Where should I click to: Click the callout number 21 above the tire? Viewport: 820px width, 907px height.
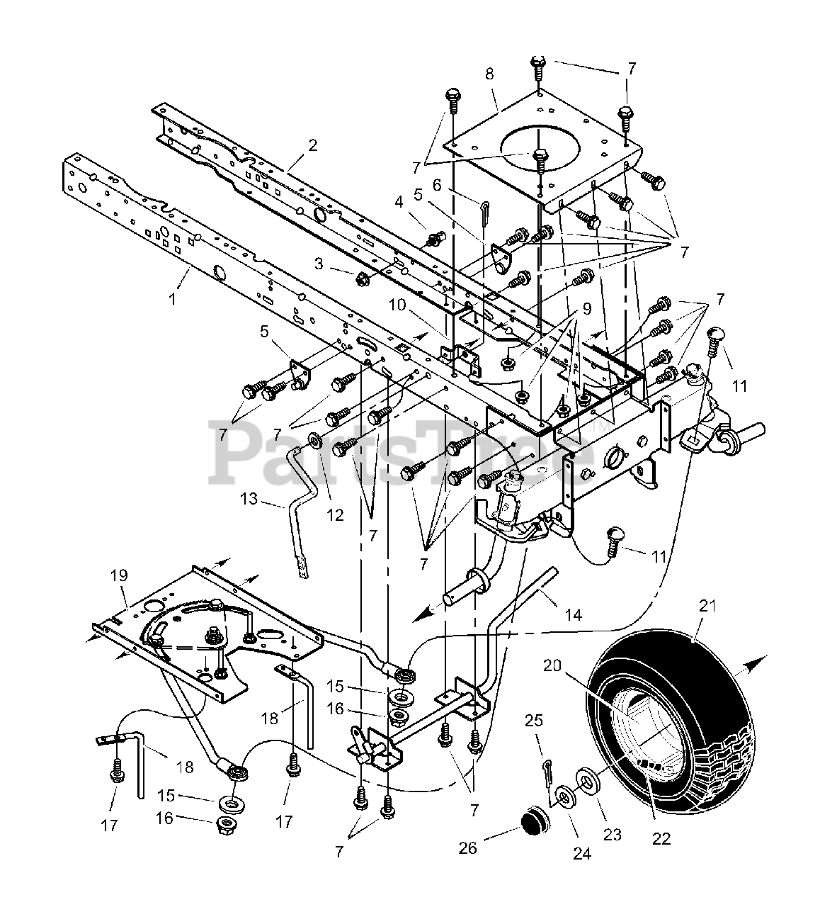pyautogui.click(x=708, y=606)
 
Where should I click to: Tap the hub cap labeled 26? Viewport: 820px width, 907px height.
pyautogui.click(x=532, y=826)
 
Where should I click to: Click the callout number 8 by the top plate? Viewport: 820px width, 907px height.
pyautogui.click(x=490, y=74)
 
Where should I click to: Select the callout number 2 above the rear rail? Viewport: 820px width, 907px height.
pyautogui.click(x=312, y=146)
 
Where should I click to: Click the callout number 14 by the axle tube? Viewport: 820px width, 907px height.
pyautogui.click(x=573, y=615)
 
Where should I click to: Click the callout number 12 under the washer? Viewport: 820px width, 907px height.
pyautogui.click(x=334, y=515)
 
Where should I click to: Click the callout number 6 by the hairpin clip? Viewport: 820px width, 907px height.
pyautogui.click(x=437, y=184)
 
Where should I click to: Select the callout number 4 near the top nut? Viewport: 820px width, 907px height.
pyautogui.click(x=399, y=202)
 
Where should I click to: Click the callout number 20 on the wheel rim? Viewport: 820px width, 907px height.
pyautogui.click(x=552, y=665)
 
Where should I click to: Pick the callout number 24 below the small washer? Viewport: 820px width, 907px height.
pyautogui.click(x=581, y=854)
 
